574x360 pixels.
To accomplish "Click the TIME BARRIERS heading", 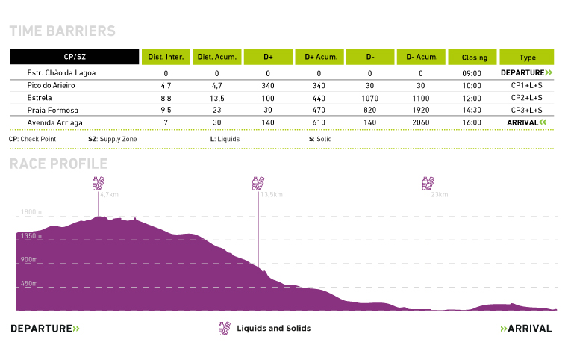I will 62,31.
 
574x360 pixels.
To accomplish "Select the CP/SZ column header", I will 75,57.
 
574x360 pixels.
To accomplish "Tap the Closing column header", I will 474,57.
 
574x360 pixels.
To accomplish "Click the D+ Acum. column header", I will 319,57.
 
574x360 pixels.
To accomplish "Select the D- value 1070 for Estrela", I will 369,98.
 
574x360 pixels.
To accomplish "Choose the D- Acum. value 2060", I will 420,122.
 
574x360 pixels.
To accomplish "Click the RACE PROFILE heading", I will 58,164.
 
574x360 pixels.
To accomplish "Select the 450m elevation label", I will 30,284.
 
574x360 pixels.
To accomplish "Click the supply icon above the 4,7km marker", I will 98,184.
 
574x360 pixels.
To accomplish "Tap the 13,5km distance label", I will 271,195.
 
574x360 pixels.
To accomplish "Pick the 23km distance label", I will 439,195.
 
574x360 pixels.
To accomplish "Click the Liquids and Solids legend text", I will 273,329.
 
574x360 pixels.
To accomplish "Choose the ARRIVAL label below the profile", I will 526,329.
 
